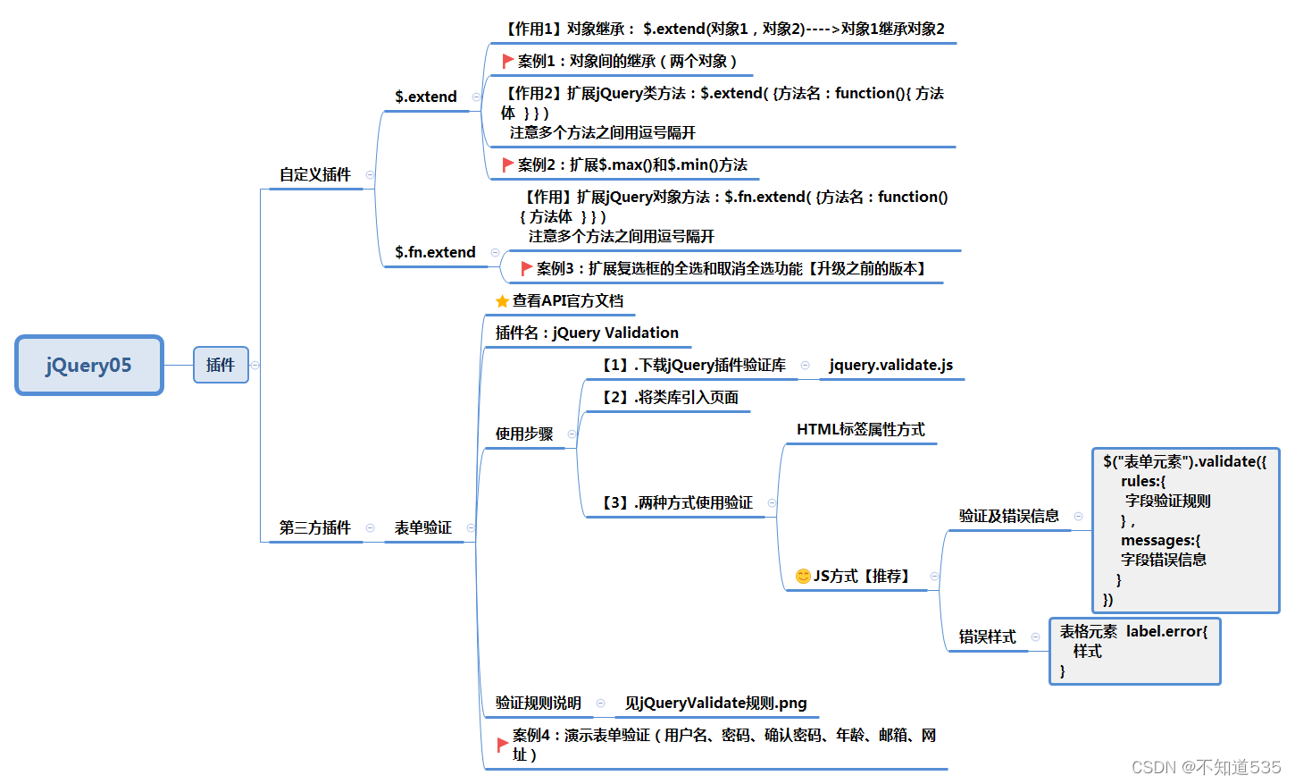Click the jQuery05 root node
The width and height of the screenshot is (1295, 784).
click(x=89, y=365)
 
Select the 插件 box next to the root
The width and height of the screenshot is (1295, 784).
click(x=221, y=365)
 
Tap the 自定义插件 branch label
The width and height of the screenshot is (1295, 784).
click(x=315, y=174)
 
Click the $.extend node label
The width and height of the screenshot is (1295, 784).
click(x=426, y=97)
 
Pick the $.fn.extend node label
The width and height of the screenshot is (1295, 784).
click(x=435, y=252)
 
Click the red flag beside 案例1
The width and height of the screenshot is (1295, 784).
click(x=507, y=61)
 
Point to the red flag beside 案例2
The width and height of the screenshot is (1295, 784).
click(x=507, y=164)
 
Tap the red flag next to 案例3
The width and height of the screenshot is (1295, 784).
click(x=526, y=268)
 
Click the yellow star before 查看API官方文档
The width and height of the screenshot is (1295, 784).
click(x=502, y=301)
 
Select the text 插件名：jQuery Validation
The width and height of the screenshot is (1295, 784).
click(x=587, y=333)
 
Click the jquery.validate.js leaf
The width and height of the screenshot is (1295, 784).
click(x=890, y=365)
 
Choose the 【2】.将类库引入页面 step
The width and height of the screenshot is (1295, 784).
click(x=670, y=397)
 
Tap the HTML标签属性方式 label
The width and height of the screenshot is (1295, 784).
click(x=860, y=429)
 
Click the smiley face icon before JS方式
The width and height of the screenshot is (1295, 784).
click(x=803, y=576)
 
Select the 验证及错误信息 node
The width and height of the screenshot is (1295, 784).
click(x=1008, y=516)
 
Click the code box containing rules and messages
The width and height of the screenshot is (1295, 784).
click(x=1185, y=530)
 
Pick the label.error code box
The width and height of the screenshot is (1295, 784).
click(x=1134, y=651)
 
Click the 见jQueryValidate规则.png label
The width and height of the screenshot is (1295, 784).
click(x=715, y=703)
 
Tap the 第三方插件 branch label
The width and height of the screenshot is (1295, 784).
click(x=315, y=527)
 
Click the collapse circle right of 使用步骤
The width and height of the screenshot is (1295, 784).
click(x=572, y=434)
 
